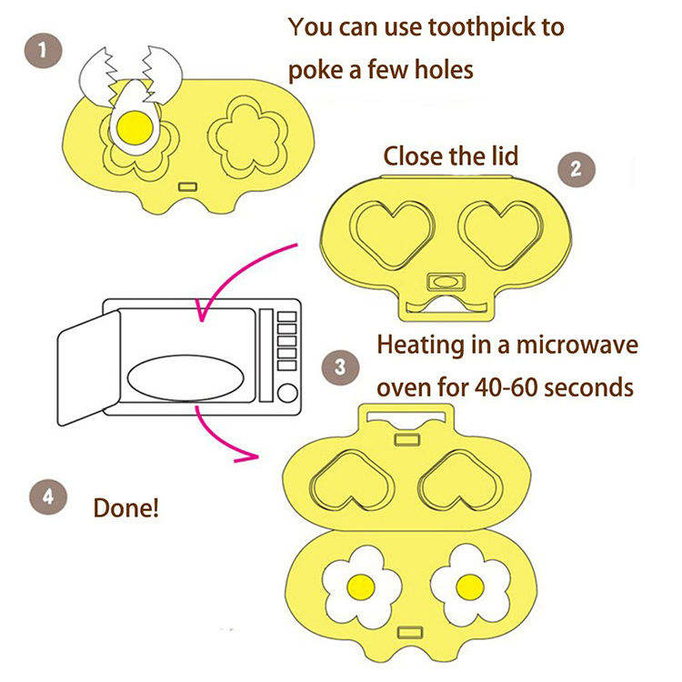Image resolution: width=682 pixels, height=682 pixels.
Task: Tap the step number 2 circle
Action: tap(576, 168)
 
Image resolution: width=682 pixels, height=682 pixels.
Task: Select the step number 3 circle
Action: tap(339, 367)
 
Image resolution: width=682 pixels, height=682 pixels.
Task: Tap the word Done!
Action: tap(126, 506)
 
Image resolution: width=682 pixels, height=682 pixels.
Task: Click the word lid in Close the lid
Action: tap(500, 155)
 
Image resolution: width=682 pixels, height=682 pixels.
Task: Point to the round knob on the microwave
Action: tap(287, 394)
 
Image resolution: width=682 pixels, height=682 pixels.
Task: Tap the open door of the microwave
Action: tap(87, 368)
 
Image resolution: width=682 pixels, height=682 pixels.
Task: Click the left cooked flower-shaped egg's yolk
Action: tap(361, 587)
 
